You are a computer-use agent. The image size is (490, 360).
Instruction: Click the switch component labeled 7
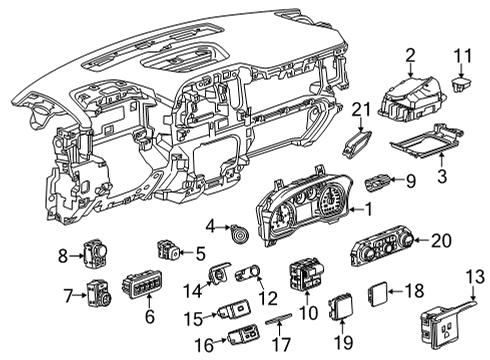point(99,295)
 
